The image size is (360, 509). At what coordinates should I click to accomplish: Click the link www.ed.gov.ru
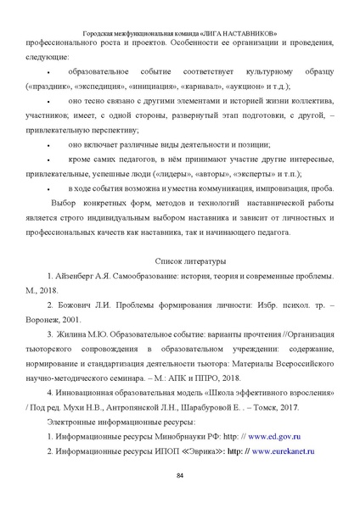click(x=277, y=434)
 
